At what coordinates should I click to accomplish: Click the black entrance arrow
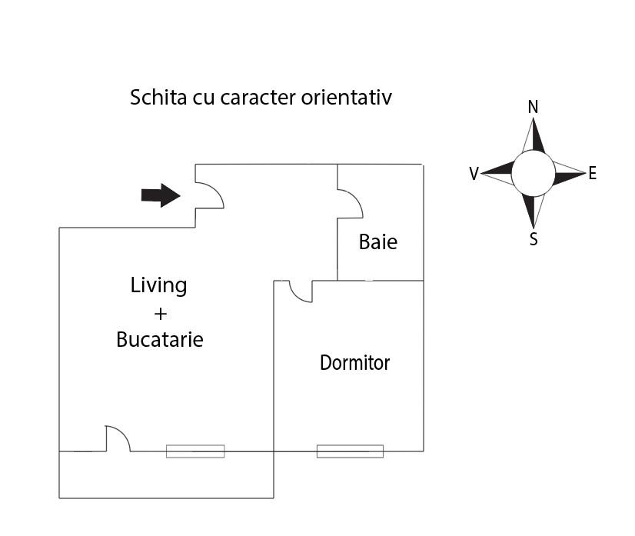coord(161,195)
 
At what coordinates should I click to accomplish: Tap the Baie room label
coord(377,242)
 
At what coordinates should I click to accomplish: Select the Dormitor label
coord(354,363)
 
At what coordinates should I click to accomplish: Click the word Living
coord(158,286)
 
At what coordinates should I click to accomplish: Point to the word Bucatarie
coord(160,339)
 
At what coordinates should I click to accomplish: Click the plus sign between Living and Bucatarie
coord(161,314)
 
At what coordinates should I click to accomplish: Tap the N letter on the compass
coord(533,108)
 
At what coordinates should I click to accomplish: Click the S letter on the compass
coord(534,239)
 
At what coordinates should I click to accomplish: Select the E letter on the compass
coord(593,173)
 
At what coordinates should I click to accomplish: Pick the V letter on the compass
coord(474,173)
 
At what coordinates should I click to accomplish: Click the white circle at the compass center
coord(533,173)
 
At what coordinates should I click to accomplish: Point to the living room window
coord(195,451)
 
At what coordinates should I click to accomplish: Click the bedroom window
coord(350,451)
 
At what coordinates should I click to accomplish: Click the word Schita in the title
coord(158,97)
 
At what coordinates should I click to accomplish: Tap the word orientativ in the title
coord(347,97)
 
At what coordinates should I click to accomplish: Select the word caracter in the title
coord(258,98)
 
